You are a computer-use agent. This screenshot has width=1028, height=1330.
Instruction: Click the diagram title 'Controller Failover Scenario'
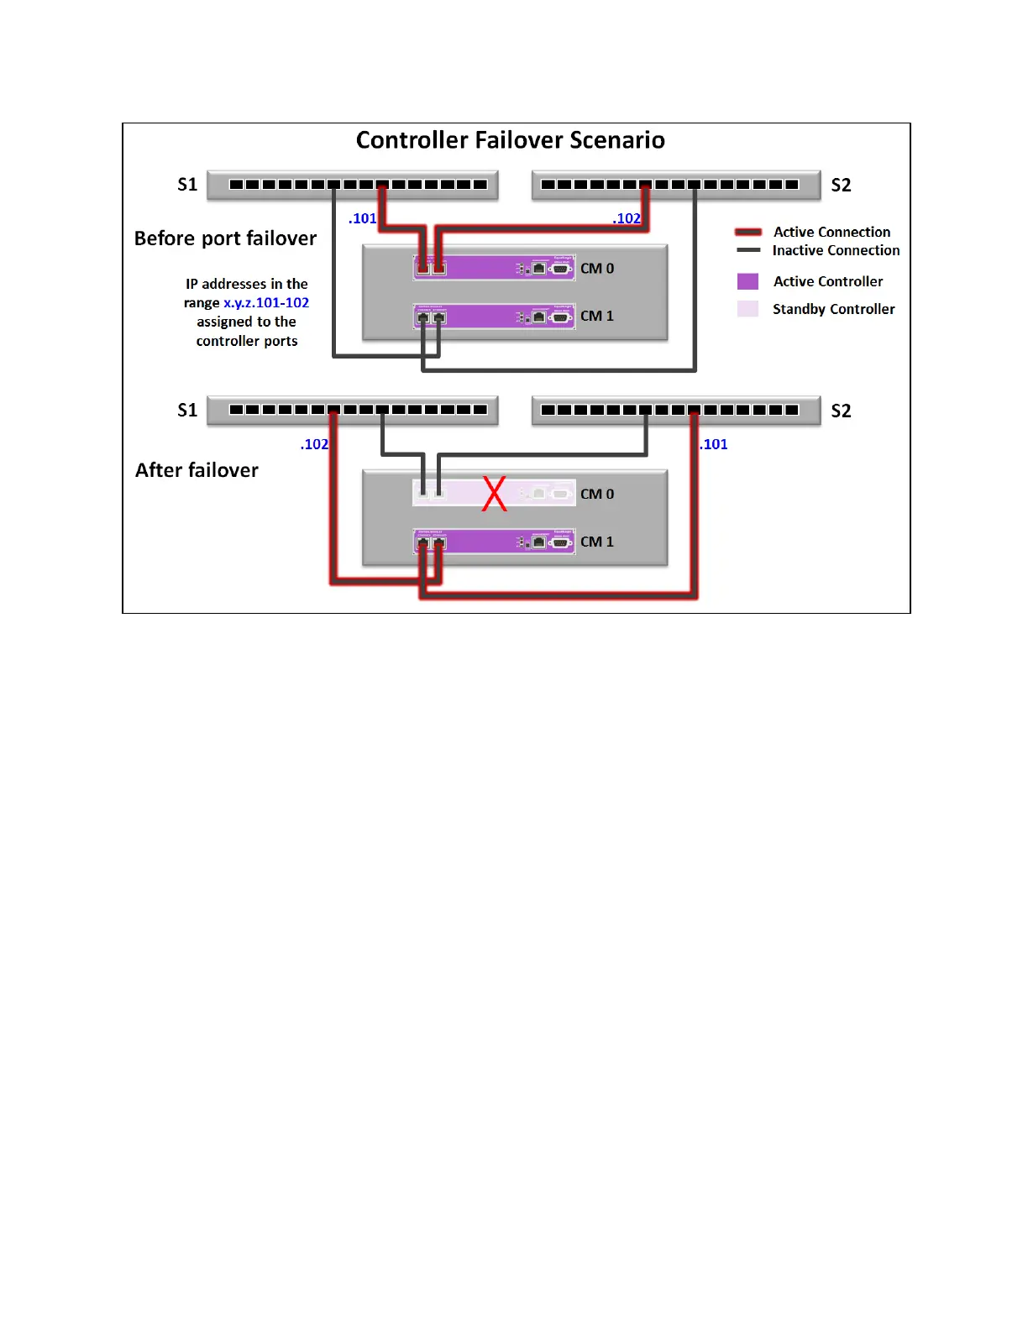point(510,140)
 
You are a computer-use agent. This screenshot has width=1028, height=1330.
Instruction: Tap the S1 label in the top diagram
point(187,185)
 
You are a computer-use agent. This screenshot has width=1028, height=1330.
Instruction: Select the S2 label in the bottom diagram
point(841,411)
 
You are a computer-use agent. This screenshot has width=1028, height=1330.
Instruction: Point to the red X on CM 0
point(495,494)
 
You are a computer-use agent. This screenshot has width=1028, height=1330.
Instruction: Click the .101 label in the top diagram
point(363,218)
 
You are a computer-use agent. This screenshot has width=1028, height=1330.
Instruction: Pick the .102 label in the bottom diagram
point(314,444)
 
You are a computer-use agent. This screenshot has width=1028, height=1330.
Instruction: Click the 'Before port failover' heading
point(225,238)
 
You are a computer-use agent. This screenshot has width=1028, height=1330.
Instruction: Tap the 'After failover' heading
point(197,470)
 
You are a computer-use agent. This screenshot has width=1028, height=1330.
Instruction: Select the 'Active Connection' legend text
point(831,232)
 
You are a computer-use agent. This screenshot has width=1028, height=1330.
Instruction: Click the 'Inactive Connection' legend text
point(836,250)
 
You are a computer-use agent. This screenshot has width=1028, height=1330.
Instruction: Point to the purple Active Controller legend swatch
point(747,281)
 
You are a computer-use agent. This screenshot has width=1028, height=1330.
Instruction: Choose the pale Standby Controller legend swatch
point(747,309)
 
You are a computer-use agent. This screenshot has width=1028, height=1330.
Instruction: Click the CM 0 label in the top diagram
point(597,269)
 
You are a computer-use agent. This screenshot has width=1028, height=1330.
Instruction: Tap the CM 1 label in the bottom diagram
point(597,542)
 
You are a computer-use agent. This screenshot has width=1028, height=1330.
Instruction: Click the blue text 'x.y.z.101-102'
point(266,302)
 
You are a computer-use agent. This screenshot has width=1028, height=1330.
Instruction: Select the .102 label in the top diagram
point(627,218)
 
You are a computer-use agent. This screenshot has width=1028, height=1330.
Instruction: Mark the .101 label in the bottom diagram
point(714,444)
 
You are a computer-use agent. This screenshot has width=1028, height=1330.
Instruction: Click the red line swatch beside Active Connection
point(748,232)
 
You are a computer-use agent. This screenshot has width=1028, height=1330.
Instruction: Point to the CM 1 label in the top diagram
point(597,316)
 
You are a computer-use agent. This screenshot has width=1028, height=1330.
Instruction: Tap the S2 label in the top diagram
point(841,185)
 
